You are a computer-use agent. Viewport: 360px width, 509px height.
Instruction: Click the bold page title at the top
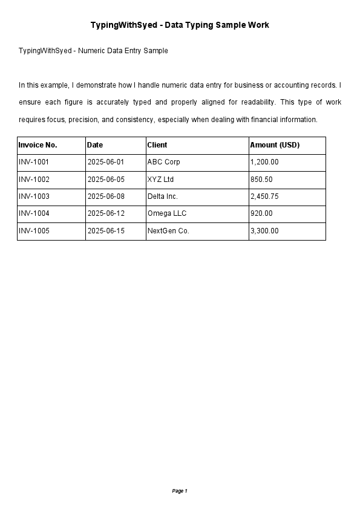(x=180, y=25)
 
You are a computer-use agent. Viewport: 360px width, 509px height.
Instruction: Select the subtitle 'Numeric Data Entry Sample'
(x=93, y=51)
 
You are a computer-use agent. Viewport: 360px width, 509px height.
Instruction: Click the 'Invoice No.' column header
(x=38, y=145)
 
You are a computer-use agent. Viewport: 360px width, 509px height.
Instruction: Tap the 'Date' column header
(x=95, y=145)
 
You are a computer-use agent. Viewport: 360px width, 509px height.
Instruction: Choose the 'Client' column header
(x=157, y=145)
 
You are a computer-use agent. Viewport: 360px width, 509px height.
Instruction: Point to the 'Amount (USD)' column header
(x=275, y=145)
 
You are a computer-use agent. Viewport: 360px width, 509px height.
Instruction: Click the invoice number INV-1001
(x=34, y=162)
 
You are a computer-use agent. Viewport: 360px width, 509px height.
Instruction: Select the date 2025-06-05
(x=106, y=180)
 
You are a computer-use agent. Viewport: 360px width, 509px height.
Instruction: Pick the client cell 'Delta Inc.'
(x=163, y=196)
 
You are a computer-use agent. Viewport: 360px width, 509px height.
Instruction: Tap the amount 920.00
(x=261, y=213)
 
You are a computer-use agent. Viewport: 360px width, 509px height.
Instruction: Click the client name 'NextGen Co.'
(x=168, y=231)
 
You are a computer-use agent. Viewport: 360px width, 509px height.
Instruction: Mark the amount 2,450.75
(x=264, y=196)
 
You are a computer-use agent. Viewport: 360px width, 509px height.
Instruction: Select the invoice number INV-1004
(x=34, y=213)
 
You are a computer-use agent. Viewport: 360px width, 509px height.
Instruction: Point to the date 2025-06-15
(x=106, y=231)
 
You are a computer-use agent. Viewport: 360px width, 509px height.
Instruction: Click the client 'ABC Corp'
(x=163, y=162)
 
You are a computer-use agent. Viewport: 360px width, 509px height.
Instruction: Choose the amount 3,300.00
(x=264, y=231)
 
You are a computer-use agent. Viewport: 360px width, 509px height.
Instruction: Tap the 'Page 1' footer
(x=180, y=491)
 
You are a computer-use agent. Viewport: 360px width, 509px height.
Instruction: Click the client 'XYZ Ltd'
(x=160, y=180)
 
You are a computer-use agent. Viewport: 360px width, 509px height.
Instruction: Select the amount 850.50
(x=261, y=180)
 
